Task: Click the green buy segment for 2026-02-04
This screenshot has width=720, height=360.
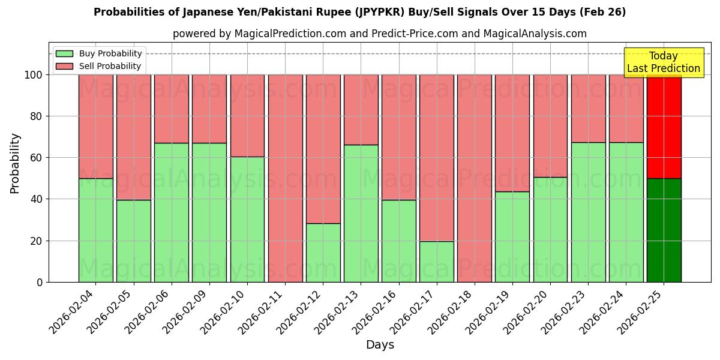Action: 95,230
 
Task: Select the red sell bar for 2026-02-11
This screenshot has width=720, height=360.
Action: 285,178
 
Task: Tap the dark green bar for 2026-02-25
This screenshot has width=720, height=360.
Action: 664,230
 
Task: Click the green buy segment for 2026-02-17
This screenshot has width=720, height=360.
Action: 437,262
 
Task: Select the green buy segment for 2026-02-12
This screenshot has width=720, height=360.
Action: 323,253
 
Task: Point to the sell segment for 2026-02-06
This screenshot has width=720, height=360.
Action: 172,109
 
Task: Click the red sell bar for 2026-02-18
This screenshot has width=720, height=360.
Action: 475,178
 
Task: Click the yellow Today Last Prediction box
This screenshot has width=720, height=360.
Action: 663,62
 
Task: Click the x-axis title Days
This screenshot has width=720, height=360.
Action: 380,345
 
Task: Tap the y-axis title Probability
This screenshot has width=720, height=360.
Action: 15,163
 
